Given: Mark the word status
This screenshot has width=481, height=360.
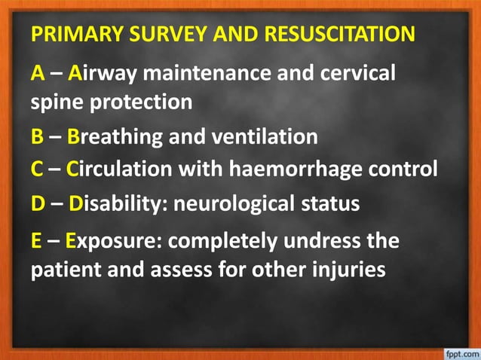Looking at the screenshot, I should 328,204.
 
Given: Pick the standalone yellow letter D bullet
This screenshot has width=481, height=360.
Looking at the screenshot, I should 37,204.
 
